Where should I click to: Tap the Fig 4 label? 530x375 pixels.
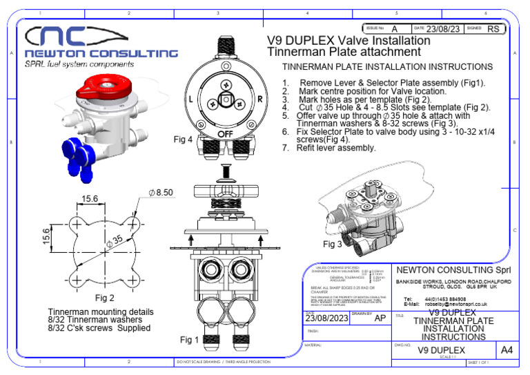[183, 140]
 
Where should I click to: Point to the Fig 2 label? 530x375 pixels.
[104, 298]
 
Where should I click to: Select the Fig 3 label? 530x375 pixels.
[333, 244]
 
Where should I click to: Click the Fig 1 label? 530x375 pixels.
[190, 340]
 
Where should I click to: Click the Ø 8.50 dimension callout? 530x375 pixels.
[161, 193]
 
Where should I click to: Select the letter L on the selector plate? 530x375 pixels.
[190, 99]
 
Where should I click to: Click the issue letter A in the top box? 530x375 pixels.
[394, 29]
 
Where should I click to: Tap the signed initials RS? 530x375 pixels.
[493, 29]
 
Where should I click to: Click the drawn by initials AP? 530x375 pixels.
[380, 318]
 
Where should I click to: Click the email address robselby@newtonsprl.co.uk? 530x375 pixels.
[455, 303]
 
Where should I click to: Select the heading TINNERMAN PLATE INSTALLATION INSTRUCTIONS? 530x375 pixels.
[388, 67]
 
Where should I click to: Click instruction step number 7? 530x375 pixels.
[286, 148]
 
